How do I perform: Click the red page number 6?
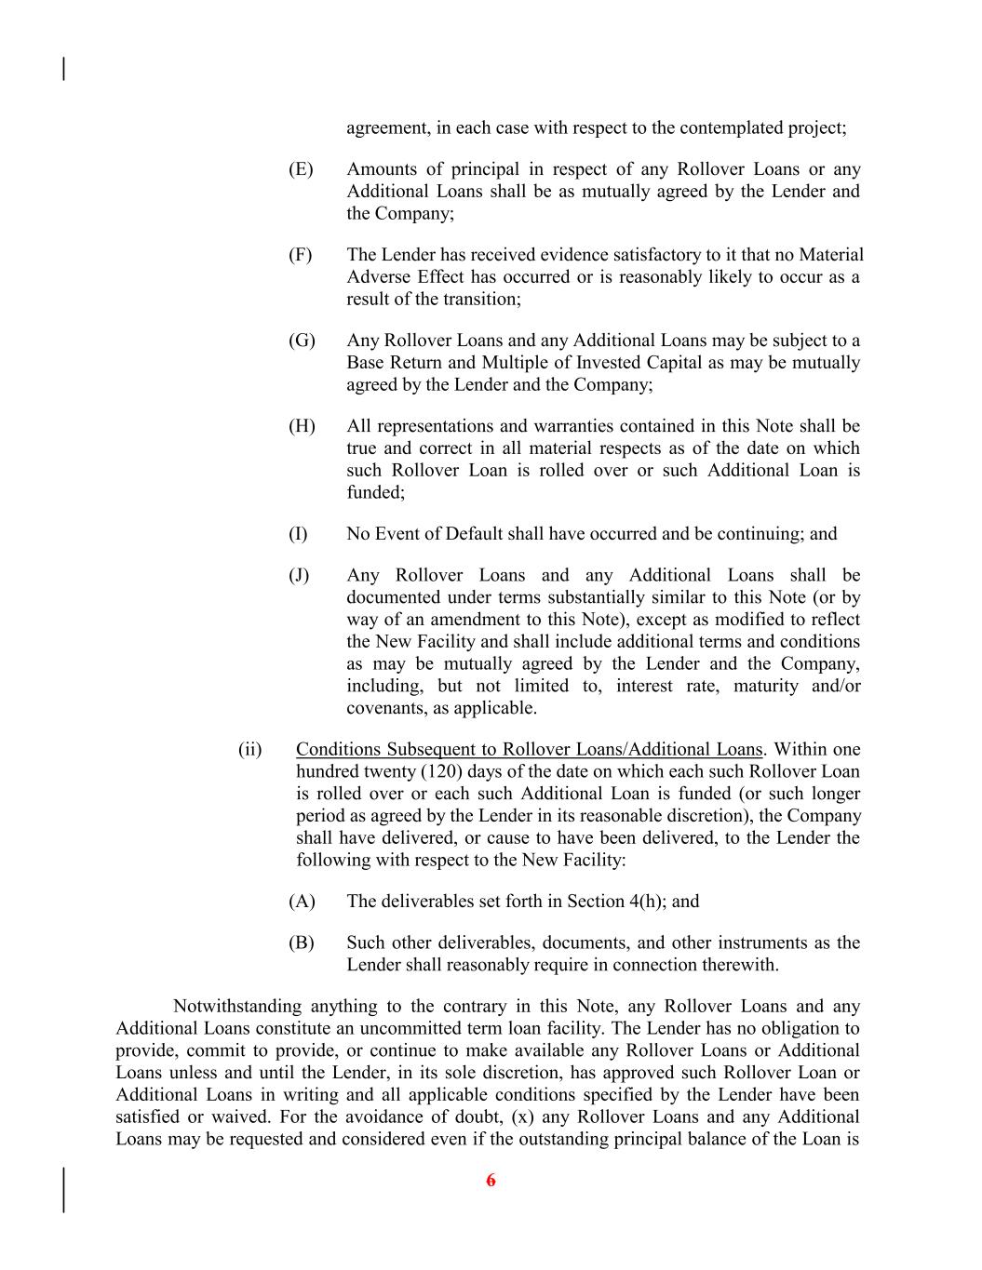[491, 1181]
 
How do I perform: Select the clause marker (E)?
[301, 169]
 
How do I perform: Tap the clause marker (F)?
[300, 255]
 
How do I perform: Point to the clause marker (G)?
[302, 341]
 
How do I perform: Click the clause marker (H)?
[302, 426]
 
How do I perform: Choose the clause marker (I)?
[298, 534]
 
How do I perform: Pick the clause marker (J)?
[299, 575]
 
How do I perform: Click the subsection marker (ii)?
[250, 750]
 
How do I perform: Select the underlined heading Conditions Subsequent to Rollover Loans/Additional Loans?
[529, 750]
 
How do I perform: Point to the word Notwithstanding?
[237, 1007]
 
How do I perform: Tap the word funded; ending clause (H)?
[375, 493]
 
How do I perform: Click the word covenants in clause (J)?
[383, 709]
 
